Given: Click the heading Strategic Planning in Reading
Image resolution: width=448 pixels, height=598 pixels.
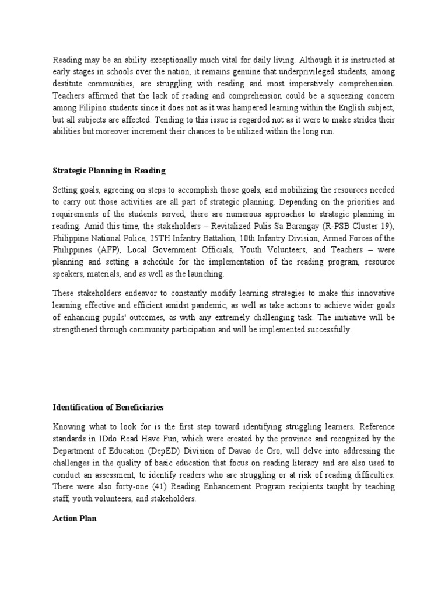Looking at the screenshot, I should pos(109,171).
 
